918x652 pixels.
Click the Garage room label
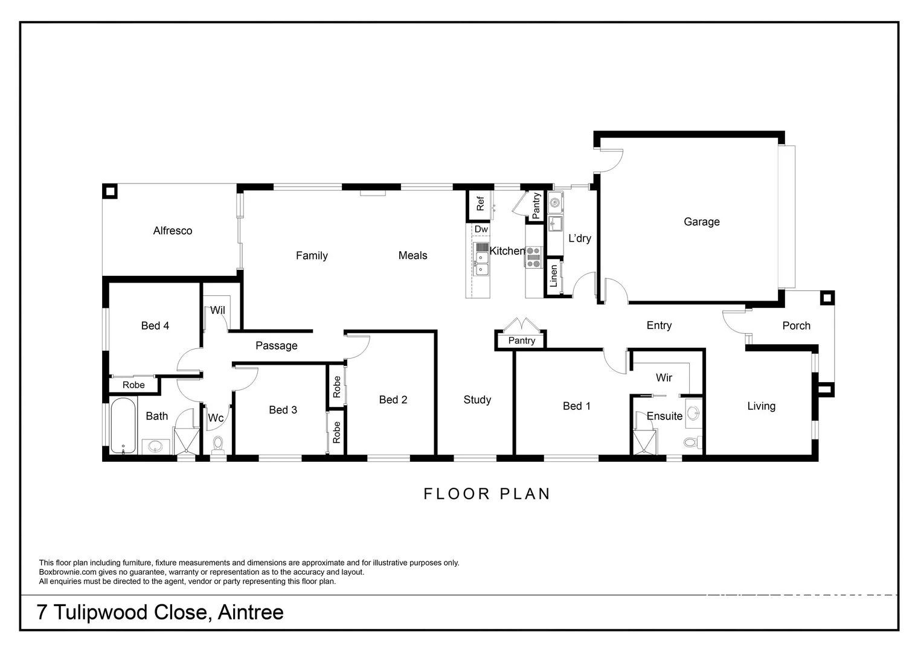[x=701, y=222]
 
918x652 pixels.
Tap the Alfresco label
[x=172, y=231]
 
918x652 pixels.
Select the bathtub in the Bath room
[x=124, y=426]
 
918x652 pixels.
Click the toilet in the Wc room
[x=218, y=445]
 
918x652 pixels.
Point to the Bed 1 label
[x=576, y=406]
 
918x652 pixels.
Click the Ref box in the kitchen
[x=480, y=204]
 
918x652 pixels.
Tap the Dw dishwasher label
[x=481, y=229]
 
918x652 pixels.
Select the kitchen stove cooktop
[x=533, y=257]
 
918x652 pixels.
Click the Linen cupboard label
[x=554, y=276]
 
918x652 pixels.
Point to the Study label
[x=477, y=400]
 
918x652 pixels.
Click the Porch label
[x=796, y=325]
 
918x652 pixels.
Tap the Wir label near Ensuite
[x=664, y=377]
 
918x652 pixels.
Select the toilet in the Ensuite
[x=692, y=442]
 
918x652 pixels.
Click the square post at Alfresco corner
[x=109, y=191]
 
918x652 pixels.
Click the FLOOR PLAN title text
[x=487, y=494]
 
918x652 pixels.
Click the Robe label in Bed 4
[x=133, y=385]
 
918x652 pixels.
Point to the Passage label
[x=276, y=345]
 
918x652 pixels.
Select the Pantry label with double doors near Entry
[x=521, y=340]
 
